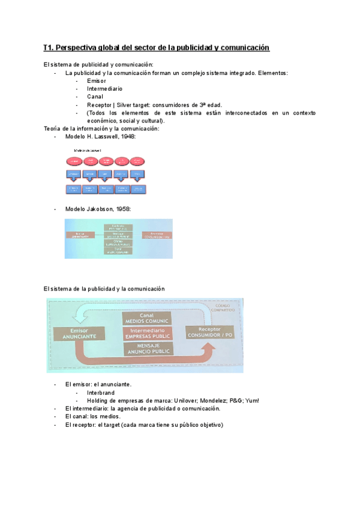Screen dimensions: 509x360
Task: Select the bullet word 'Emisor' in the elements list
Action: [x=96, y=80]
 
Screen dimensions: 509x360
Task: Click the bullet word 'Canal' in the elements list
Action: [x=95, y=96]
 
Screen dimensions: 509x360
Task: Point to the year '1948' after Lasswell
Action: [x=127, y=137]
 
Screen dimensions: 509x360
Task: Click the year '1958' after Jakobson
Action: [x=122, y=209]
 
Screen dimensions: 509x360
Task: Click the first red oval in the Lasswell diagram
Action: [x=73, y=161]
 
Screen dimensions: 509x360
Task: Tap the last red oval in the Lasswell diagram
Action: [x=137, y=161]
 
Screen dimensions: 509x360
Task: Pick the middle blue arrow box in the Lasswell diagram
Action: [x=105, y=175]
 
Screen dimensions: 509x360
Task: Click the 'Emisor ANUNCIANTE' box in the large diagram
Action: [x=74, y=334]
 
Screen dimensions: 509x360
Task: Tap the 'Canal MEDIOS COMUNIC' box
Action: [x=147, y=319]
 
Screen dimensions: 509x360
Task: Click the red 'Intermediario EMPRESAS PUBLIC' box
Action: [x=147, y=334]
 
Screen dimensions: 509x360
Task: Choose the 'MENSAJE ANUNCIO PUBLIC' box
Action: [x=147, y=349]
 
